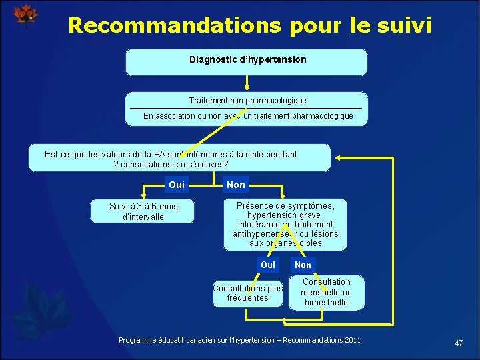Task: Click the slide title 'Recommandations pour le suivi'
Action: pos(249,25)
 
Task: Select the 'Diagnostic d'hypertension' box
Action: pos(247,61)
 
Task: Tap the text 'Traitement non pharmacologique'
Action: pos(247,101)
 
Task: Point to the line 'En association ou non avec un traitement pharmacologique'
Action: pos(248,116)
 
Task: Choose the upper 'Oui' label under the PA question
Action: pos(177,185)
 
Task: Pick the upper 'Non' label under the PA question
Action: pos(236,185)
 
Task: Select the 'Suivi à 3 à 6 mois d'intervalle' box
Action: pos(143,211)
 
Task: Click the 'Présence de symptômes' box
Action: pos(285,224)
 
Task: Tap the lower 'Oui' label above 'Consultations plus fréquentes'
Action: pos(268,265)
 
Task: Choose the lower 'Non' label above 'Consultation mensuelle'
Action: pos(303,265)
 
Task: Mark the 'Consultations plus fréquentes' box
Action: pos(248,293)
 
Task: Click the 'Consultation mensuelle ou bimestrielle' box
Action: pos(327,292)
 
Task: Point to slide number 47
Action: pos(459,343)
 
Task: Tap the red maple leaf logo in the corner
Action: pos(26,15)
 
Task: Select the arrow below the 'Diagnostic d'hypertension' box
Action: pos(247,83)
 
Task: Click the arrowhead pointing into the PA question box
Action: pos(337,158)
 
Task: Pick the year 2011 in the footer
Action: pos(353,341)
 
